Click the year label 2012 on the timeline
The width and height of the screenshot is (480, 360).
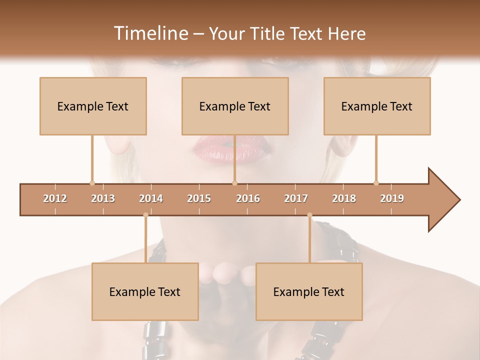tap(55, 198)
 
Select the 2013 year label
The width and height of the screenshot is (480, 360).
tap(103, 198)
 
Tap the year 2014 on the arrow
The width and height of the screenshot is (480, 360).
tap(151, 198)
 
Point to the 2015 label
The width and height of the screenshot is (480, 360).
tap(199, 198)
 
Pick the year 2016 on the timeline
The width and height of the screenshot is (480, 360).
tap(248, 198)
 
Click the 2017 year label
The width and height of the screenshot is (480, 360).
tap(296, 198)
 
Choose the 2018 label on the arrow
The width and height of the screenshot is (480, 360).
tap(344, 198)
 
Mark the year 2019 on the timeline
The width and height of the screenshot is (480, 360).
tap(392, 198)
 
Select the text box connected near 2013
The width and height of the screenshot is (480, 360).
tap(93, 106)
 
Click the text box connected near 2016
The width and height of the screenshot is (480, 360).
tap(235, 106)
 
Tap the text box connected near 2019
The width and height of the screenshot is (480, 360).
tap(377, 106)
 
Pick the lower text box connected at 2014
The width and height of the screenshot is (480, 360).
tap(145, 291)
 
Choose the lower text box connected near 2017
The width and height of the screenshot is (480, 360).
tap(309, 291)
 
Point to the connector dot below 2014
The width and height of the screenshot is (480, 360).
tap(145, 215)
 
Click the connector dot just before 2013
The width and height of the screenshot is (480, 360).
tap(92, 183)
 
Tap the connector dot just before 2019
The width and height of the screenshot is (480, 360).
tap(376, 183)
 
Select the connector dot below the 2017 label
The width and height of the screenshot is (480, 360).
tap(309, 215)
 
